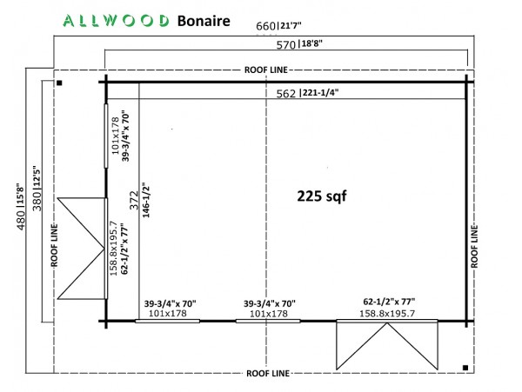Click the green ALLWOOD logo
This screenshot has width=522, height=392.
click(x=116, y=21)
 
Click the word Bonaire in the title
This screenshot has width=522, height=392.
click(x=204, y=21)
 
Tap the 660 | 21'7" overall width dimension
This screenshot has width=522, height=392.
click(x=278, y=25)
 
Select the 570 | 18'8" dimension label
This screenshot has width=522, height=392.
click(x=299, y=43)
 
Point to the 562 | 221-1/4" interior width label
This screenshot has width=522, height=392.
click(x=307, y=93)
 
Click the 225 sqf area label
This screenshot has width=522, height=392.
click(x=322, y=196)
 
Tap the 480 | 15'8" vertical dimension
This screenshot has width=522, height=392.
click(x=20, y=207)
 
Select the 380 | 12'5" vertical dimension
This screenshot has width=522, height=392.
click(x=37, y=189)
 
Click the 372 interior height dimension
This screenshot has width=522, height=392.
click(x=134, y=200)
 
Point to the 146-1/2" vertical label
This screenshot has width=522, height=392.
click(x=146, y=200)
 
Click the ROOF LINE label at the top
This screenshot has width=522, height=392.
click(x=265, y=70)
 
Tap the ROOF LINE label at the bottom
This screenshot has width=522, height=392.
click(x=268, y=373)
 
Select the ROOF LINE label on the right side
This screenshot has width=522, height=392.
click(x=474, y=246)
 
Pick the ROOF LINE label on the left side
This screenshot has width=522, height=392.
click(x=54, y=245)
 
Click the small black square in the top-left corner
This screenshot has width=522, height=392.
click(x=59, y=83)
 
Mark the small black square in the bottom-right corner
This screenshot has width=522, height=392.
click(x=465, y=368)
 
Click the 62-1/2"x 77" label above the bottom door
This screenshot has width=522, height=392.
click(x=389, y=302)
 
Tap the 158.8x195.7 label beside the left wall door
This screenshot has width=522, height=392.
click(x=113, y=248)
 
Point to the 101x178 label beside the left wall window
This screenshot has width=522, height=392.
click(x=115, y=136)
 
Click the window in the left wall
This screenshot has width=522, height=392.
click(x=106, y=136)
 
